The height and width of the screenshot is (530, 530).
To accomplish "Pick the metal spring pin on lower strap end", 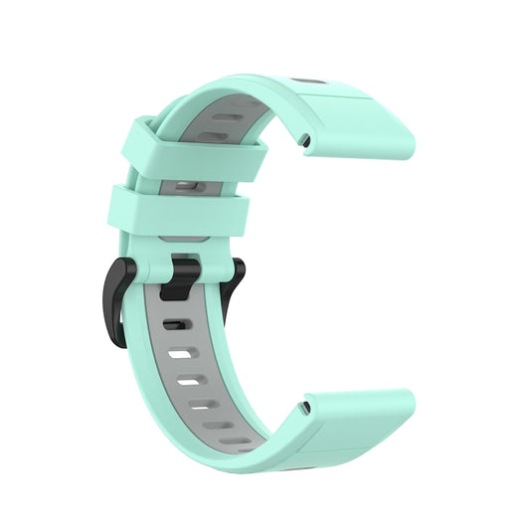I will [x=304, y=406].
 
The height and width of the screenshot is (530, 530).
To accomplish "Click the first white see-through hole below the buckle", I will [x=180, y=352].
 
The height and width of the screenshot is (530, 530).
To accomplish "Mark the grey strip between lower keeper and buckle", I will [x=193, y=239].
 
